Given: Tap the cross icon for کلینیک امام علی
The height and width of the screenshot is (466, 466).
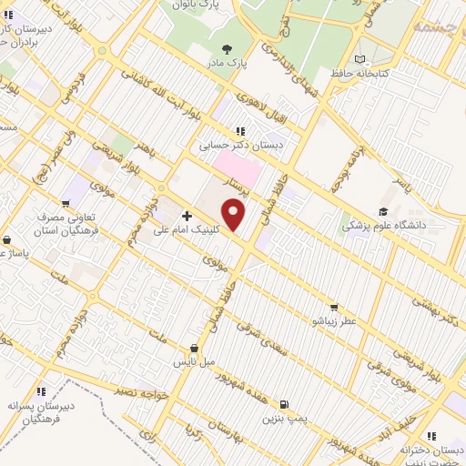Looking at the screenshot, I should pos(187,216).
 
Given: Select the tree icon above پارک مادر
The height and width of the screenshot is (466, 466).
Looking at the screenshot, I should pos(225,49).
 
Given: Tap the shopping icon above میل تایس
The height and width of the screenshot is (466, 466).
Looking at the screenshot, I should pos(195,348).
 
